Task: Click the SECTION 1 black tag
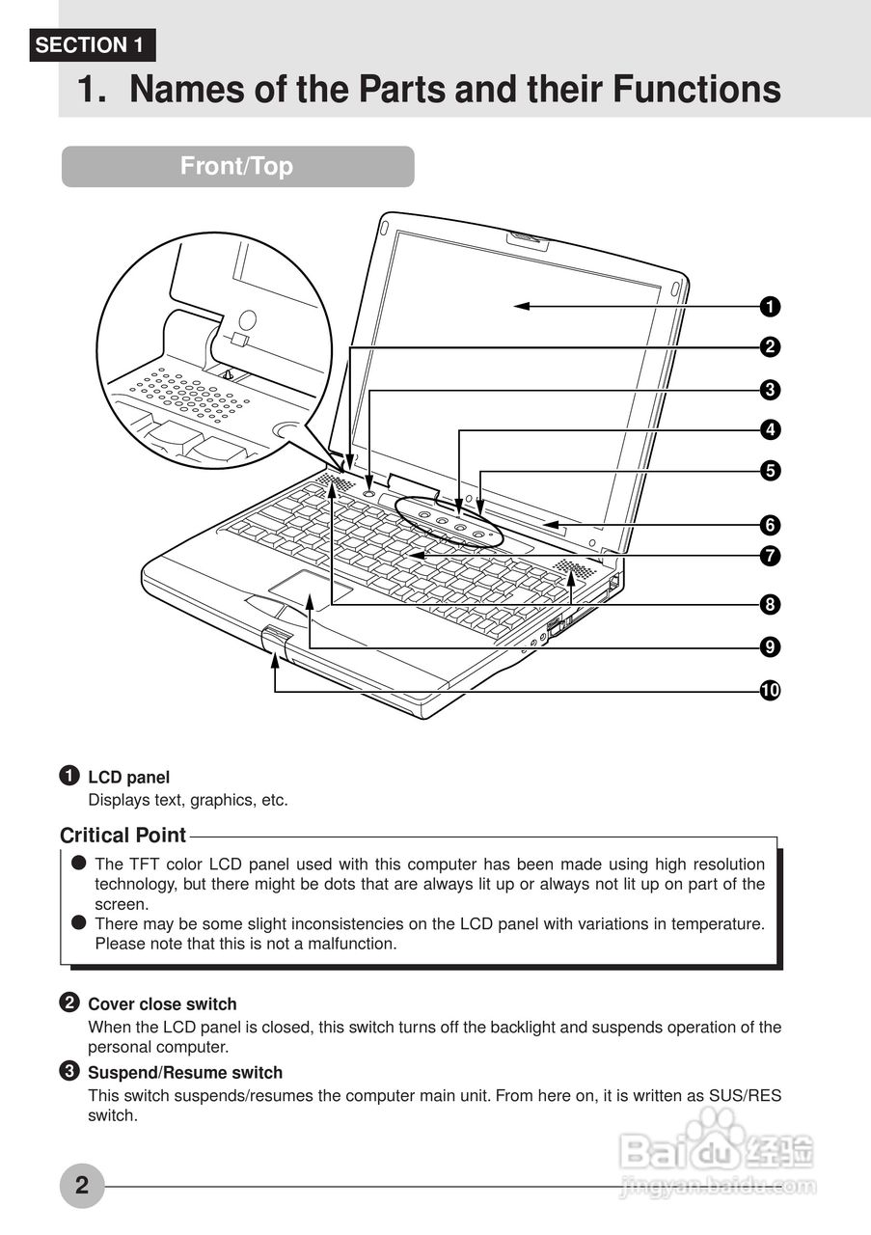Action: (x=93, y=45)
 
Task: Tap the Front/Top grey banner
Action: (x=237, y=166)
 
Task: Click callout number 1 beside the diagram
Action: (x=770, y=307)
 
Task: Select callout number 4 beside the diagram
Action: (x=770, y=429)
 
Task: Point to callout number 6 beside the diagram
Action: (x=770, y=525)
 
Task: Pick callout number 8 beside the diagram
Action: (x=770, y=605)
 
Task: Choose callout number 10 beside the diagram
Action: (x=770, y=691)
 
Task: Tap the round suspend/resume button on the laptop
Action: (x=371, y=491)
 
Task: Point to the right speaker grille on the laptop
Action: (x=573, y=571)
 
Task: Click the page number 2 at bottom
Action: (x=82, y=1185)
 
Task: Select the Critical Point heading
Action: (x=122, y=836)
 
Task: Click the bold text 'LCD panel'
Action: (x=128, y=777)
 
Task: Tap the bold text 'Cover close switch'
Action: (x=162, y=1004)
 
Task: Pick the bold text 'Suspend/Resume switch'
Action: (x=185, y=1073)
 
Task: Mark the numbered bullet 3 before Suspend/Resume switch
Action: (x=69, y=1071)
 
